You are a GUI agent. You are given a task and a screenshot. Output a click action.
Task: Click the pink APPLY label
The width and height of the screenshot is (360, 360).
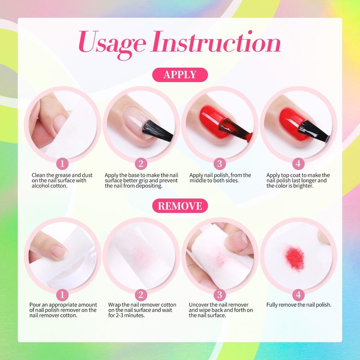point(180,75)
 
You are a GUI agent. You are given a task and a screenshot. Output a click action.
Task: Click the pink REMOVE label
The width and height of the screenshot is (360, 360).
point(180,206)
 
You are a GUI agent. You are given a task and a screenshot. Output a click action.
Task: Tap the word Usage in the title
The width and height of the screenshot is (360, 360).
point(112,44)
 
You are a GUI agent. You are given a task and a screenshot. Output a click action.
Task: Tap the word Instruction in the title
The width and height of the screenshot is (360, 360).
point(216,41)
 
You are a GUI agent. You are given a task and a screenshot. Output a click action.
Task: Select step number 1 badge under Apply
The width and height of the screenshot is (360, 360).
point(62,164)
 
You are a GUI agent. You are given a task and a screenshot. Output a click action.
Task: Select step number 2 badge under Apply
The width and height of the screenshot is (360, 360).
point(141,164)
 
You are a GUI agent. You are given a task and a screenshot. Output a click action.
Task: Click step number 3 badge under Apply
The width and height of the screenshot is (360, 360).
point(220,164)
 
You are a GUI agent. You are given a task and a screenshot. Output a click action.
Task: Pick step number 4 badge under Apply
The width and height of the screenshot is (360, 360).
point(298,164)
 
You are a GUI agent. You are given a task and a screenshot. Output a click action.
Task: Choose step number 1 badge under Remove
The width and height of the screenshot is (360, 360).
point(62,295)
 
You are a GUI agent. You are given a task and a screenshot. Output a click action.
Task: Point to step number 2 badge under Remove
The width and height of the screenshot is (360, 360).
point(141,295)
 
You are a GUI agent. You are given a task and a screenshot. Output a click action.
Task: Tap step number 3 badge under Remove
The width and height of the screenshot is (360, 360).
point(220,295)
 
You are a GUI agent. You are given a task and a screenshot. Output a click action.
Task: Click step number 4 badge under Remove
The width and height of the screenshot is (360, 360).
point(298,295)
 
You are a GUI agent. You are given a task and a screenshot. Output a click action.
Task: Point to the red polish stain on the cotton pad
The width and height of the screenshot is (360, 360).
point(295,258)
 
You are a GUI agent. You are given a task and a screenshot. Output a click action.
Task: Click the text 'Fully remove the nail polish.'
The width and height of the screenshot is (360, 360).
point(299,305)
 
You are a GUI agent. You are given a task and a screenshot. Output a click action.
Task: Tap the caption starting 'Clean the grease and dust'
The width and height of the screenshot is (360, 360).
point(62,180)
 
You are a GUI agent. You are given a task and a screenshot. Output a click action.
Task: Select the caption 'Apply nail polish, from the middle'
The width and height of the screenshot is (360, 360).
point(220,178)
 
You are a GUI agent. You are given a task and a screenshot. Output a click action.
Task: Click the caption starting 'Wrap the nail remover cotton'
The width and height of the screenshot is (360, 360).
point(142,310)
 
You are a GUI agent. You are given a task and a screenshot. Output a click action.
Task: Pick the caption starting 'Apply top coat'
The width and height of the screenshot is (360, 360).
point(298,180)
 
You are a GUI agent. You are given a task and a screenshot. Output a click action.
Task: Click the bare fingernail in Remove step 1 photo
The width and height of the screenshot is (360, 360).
point(58,252)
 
